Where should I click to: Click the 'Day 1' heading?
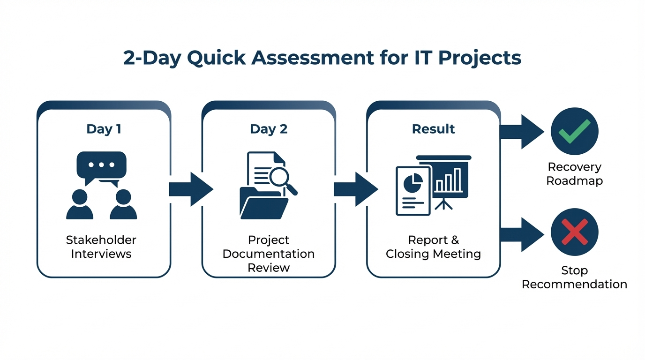click(x=104, y=129)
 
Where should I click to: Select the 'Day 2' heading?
click(x=269, y=129)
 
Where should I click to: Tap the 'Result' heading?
click(x=433, y=129)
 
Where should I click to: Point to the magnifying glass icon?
click(x=282, y=179)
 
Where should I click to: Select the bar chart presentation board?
click(x=444, y=179)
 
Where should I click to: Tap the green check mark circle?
click(x=574, y=131)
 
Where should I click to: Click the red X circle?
click(x=574, y=232)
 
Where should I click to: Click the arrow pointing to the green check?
click(x=522, y=132)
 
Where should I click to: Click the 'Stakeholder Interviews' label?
click(x=101, y=247)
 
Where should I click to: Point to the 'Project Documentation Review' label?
click(x=269, y=254)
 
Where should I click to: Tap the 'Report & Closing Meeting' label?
click(x=433, y=247)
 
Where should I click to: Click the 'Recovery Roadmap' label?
click(x=574, y=174)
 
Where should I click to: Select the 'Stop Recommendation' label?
click(x=574, y=277)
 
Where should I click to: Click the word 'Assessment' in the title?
click(x=308, y=58)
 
